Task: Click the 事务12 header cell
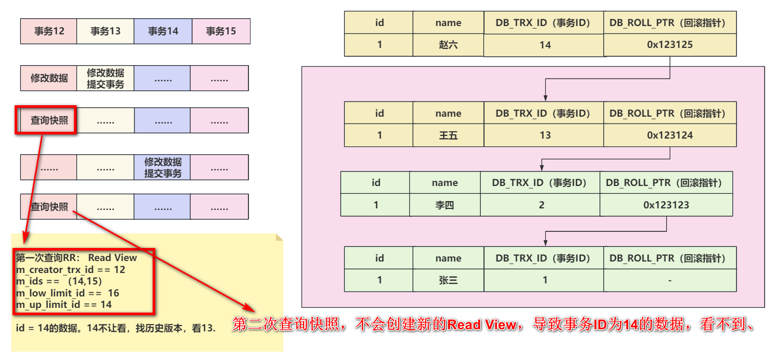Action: point(49,31)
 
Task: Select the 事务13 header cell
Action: point(105,31)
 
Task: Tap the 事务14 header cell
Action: point(163,31)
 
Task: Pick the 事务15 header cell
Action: point(221,31)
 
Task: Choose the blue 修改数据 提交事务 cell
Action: point(162,167)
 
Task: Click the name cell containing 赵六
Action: point(448,45)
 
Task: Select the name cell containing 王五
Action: point(448,135)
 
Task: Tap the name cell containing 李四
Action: point(445,205)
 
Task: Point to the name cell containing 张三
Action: point(448,280)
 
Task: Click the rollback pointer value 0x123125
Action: point(670,45)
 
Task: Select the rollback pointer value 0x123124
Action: point(670,135)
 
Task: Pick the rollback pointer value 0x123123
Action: point(666,205)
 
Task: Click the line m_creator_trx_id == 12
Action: point(70,269)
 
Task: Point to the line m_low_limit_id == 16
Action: point(67,293)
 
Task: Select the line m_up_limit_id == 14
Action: point(64,305)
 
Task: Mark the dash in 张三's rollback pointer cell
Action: point(670,281)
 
